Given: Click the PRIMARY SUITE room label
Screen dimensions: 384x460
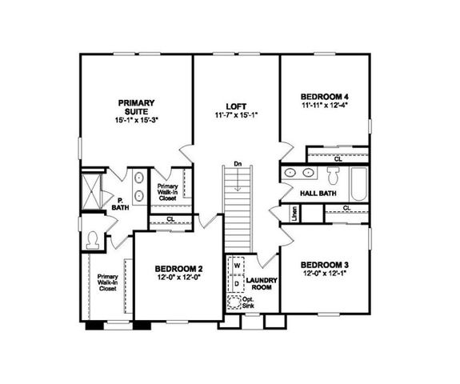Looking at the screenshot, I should coord(136,106).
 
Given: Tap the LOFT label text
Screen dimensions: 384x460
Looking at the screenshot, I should coord(235,105).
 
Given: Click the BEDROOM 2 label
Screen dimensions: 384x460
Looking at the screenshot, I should coord(178,269).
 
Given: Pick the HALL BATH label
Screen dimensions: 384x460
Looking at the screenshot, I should coord(317,194).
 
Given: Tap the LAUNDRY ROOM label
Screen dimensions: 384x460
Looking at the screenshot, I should coord(261,284).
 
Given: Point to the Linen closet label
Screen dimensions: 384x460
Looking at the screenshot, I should coord(294,214).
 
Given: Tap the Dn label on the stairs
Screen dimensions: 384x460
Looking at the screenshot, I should coord(238,164).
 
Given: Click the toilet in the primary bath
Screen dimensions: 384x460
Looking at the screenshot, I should coord(94,238).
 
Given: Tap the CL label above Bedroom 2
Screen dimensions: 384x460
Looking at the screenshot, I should coord(170,218).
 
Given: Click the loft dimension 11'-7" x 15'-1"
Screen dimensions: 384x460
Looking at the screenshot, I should coord(235,115).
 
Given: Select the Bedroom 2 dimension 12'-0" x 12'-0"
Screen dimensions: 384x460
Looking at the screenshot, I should coord(178,278).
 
